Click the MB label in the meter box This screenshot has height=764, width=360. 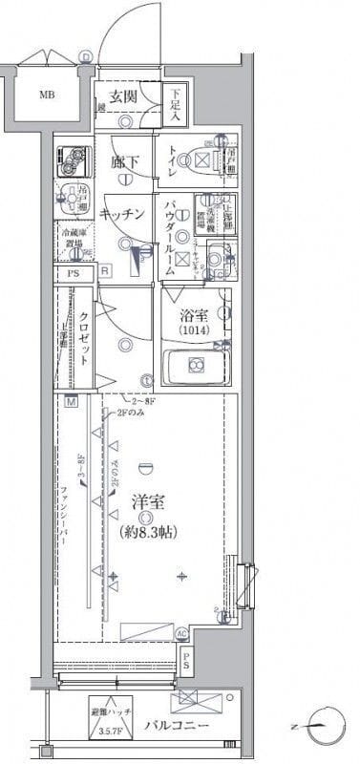click(46, 95)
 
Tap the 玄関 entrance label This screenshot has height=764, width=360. click(125, 96)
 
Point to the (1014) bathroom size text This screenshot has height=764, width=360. click(195, 331)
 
